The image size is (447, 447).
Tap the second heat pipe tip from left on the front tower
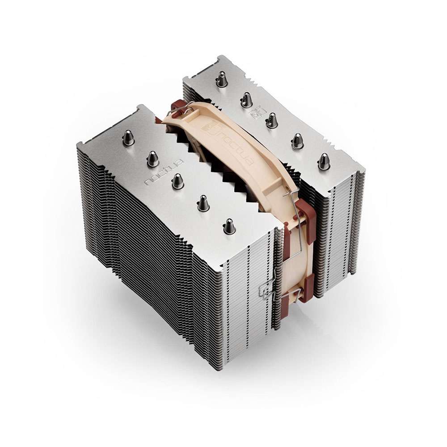[x=152, y=159]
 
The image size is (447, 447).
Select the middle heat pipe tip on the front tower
[x=177, y=181]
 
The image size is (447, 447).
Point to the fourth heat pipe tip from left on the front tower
[x=202, y=203]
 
